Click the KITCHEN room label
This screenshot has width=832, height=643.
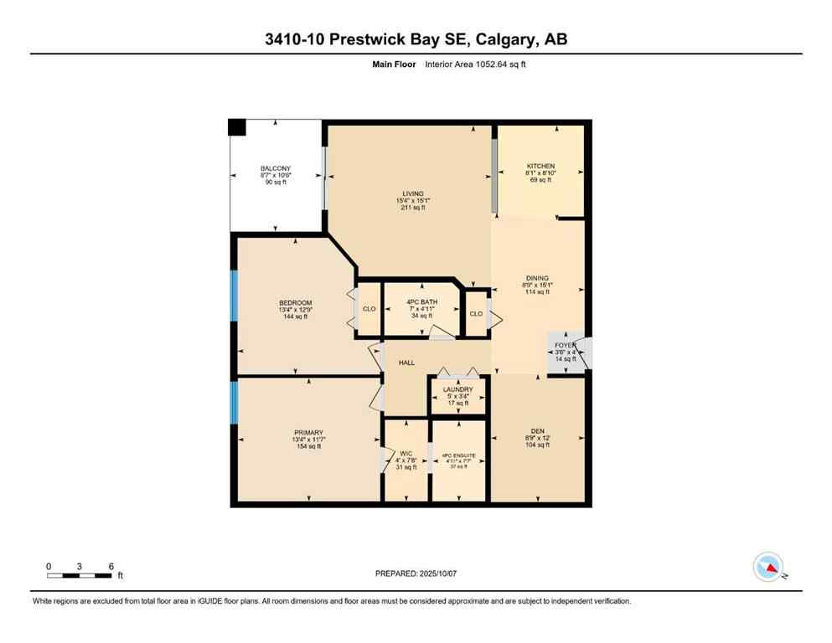[540, 167]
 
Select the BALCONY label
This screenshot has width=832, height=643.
[276, 168]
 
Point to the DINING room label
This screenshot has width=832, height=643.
[537, 278]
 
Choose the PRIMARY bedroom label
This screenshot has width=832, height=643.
[308, 432]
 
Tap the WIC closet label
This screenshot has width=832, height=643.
[405, 453]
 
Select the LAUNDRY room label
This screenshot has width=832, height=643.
[457, 389]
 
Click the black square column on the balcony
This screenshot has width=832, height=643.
[237, 127]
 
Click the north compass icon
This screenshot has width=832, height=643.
[768, 568]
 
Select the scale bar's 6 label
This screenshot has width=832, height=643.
[111, 565]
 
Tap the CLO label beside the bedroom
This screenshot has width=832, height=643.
[369, 308]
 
